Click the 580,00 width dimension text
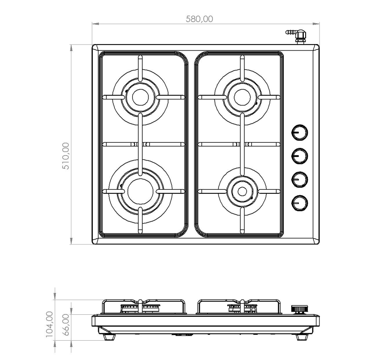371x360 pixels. click(199, 19)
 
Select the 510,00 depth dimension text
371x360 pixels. click(66, 156)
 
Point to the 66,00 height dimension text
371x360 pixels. click(66, 324)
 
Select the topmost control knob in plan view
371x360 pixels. click(300, 132)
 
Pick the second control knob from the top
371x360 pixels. click(300, 156)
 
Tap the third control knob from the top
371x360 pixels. click(300, 179)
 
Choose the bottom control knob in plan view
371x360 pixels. click(300, 203)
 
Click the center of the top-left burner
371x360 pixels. click(141, 97)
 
